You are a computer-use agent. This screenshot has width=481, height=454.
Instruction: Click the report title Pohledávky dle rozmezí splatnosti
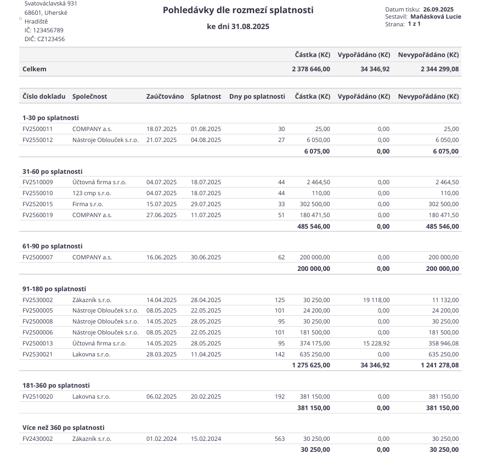238,10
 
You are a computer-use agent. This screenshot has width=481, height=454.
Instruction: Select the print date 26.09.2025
438,9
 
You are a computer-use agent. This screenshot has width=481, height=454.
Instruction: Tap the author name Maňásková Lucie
435,16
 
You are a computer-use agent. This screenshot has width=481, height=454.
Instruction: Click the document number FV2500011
38,129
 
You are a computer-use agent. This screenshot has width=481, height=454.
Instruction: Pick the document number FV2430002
38,439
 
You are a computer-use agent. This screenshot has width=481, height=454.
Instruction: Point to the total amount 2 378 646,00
311,69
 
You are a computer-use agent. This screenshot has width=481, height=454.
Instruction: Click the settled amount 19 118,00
376,300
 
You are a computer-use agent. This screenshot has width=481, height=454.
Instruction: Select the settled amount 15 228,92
376,343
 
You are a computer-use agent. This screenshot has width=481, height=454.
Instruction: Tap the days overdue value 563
280,439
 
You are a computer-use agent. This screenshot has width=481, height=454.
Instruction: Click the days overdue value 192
280,396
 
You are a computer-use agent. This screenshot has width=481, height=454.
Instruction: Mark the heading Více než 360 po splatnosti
63,428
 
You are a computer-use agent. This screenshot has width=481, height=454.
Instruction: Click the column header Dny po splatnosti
257,97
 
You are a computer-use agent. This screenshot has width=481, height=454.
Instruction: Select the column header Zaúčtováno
165,97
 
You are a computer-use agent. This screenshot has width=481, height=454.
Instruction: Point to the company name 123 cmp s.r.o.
92,193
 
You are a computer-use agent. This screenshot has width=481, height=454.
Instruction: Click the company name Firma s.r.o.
88,204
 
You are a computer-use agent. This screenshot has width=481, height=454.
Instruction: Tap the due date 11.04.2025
206,354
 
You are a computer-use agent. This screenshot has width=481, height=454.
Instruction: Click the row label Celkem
35,69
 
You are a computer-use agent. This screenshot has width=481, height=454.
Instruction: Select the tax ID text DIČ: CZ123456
44,39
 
